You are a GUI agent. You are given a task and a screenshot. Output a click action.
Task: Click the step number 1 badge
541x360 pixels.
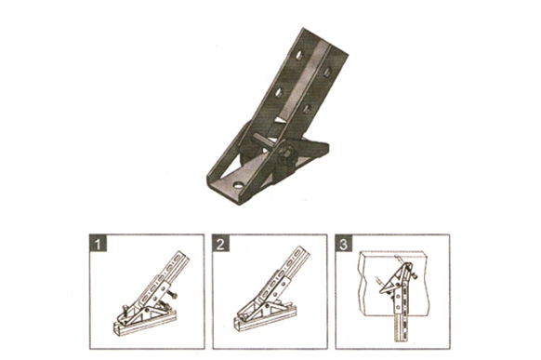click(x=98, y=244)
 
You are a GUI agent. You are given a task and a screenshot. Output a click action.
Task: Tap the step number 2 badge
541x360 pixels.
click(x=221, y=244)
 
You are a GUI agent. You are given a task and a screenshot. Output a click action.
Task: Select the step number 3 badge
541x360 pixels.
click(x=344, y=244)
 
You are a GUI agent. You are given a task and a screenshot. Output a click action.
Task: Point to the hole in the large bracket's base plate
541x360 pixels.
click(x=238, y=185)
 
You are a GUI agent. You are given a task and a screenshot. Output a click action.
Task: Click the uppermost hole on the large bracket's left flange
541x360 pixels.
click(x=298, y=55)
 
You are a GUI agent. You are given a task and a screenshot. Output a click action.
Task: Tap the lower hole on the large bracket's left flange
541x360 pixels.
click(x=279, y=92)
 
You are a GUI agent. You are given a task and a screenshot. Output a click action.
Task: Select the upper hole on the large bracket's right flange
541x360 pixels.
click(x=326, y=71)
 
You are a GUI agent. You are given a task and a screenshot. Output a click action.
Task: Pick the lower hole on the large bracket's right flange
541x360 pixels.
click(x=307, y=109)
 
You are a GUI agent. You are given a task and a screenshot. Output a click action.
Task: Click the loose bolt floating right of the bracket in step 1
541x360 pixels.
click(x=172, y=294)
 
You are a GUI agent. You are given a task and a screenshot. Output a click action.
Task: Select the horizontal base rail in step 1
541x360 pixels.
click(x=145, y=324)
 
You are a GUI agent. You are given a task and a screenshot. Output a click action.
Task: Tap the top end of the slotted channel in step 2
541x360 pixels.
click(x=303, y=251)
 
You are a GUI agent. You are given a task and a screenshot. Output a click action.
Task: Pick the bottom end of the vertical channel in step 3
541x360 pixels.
click(x=401, y=339)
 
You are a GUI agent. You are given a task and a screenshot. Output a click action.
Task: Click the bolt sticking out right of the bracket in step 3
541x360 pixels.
click(x=416, y=275)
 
